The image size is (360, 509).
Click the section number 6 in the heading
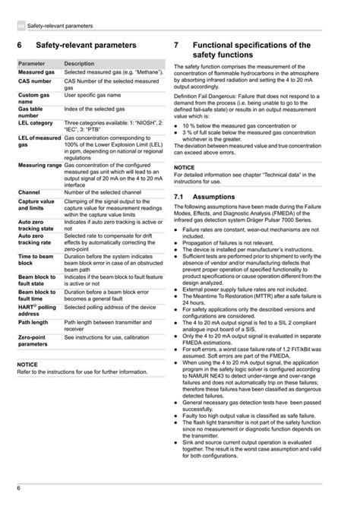[19, 46]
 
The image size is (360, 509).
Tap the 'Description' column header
[79, 63]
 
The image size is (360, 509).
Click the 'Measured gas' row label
[36, 71]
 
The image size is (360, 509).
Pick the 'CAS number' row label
[35, 81]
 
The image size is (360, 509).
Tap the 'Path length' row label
[33, 322]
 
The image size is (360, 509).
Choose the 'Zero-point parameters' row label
[34, 340]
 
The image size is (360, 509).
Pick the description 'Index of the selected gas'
[94, 109]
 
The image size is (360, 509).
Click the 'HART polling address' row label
[36, 307]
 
